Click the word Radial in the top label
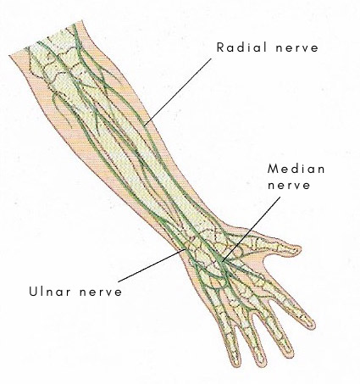coord(241,47)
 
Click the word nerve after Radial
coord(297,48)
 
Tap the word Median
coord(296,169)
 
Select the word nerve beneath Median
coord(289,186)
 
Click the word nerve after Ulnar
coord(101,292)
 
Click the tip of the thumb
coord(301,248)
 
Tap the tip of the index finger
coord(313,325)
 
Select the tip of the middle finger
coord(290,352)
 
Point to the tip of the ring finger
coord(261,364)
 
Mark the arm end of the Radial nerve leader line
coord(144,125)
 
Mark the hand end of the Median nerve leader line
coord(222,262)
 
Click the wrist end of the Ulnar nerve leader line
coord(186,249)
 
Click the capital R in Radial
coord(220,47)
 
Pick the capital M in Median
coord(273,169)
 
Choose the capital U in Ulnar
coord(33,291)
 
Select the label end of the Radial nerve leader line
coord(211,58)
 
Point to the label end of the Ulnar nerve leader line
coord(119,281)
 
